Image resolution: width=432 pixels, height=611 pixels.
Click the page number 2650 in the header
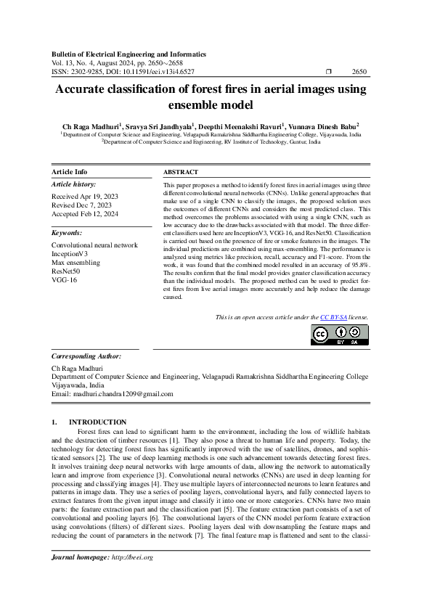point(359,73)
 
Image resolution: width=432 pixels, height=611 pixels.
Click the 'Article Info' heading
point(70,172)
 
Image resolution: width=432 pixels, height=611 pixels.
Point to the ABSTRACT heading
point(179,172)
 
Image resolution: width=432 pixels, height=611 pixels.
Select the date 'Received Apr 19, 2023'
point(85,197)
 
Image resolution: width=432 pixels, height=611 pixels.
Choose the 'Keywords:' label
point(67,233)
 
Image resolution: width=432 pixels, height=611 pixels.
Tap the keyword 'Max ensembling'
point(76,263)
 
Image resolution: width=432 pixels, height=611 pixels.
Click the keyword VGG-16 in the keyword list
point(64,280)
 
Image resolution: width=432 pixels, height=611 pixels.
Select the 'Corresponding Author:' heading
point(86,357)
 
